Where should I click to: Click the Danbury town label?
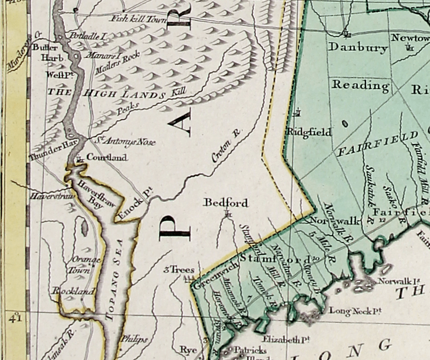(351, 47)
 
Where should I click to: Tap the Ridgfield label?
(309, 132)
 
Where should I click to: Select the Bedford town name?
(226, 202)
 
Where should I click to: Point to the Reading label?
(360, 85)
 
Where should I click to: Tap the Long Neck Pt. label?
(355, 311)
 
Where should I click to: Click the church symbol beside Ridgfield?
(298, 112)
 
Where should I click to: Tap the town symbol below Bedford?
(227, 214)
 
